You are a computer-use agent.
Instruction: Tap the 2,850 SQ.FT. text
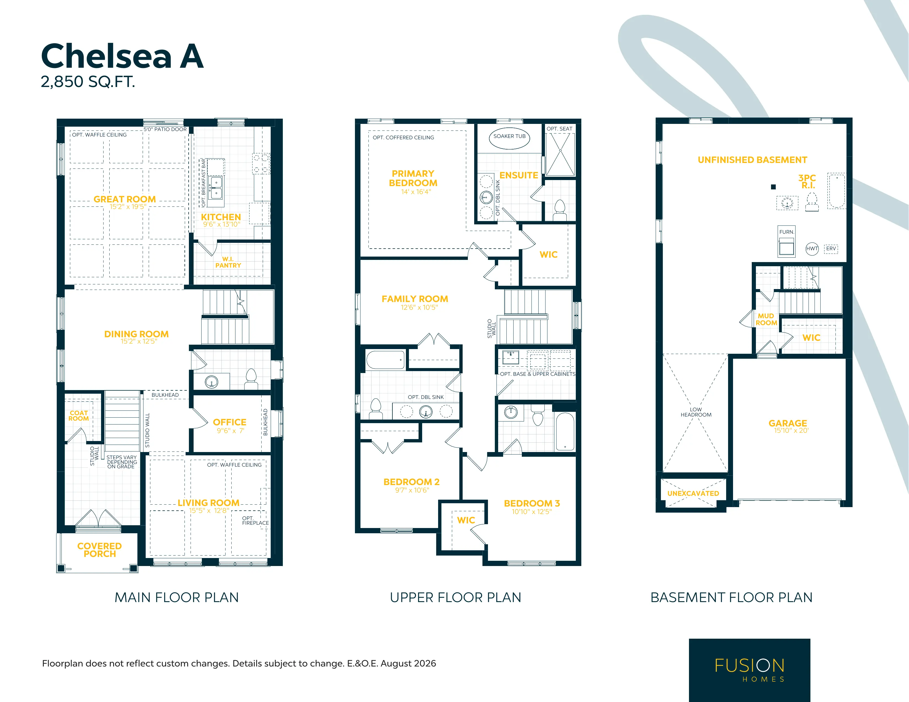(88, 81)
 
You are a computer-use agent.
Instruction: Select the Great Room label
(124, 199)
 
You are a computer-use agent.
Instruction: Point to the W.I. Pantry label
(228, 262)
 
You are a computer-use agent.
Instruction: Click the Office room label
(230, 422)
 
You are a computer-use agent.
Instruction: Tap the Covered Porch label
(99, 550)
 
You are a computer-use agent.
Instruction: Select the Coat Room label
(79, 416)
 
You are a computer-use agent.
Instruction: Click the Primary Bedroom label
(413, 178)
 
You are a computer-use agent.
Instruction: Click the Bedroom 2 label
(411, 482)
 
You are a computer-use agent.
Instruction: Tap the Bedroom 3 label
(532, 504)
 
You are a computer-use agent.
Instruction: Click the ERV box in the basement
(831, 249)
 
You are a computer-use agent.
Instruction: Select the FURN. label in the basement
(787, 232)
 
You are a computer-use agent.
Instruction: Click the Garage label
(788, 423)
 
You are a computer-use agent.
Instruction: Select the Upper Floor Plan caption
(455, 598)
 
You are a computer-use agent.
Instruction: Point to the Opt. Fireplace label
(255, 521)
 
